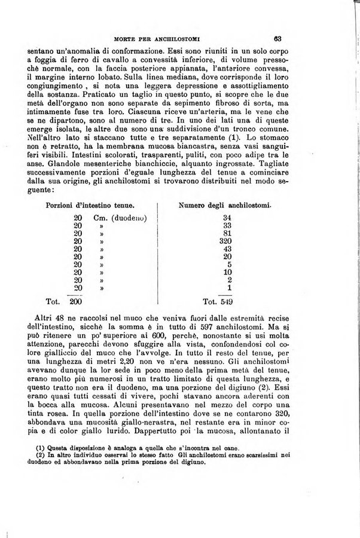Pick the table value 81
[226, 233]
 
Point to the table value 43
[226, 249]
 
